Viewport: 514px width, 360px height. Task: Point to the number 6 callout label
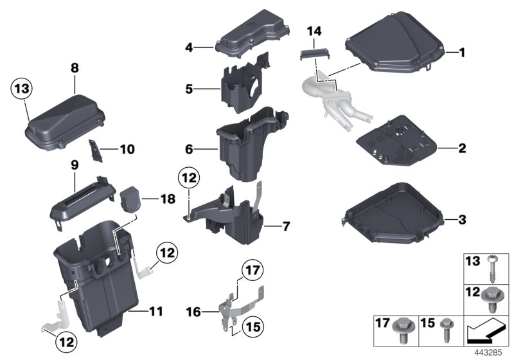[x=189, y=149]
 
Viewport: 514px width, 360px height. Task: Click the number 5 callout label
[x=189, y=88]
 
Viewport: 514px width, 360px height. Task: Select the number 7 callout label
[x=286, y=226]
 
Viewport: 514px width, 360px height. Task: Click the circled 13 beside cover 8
[x=21, y=89]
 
